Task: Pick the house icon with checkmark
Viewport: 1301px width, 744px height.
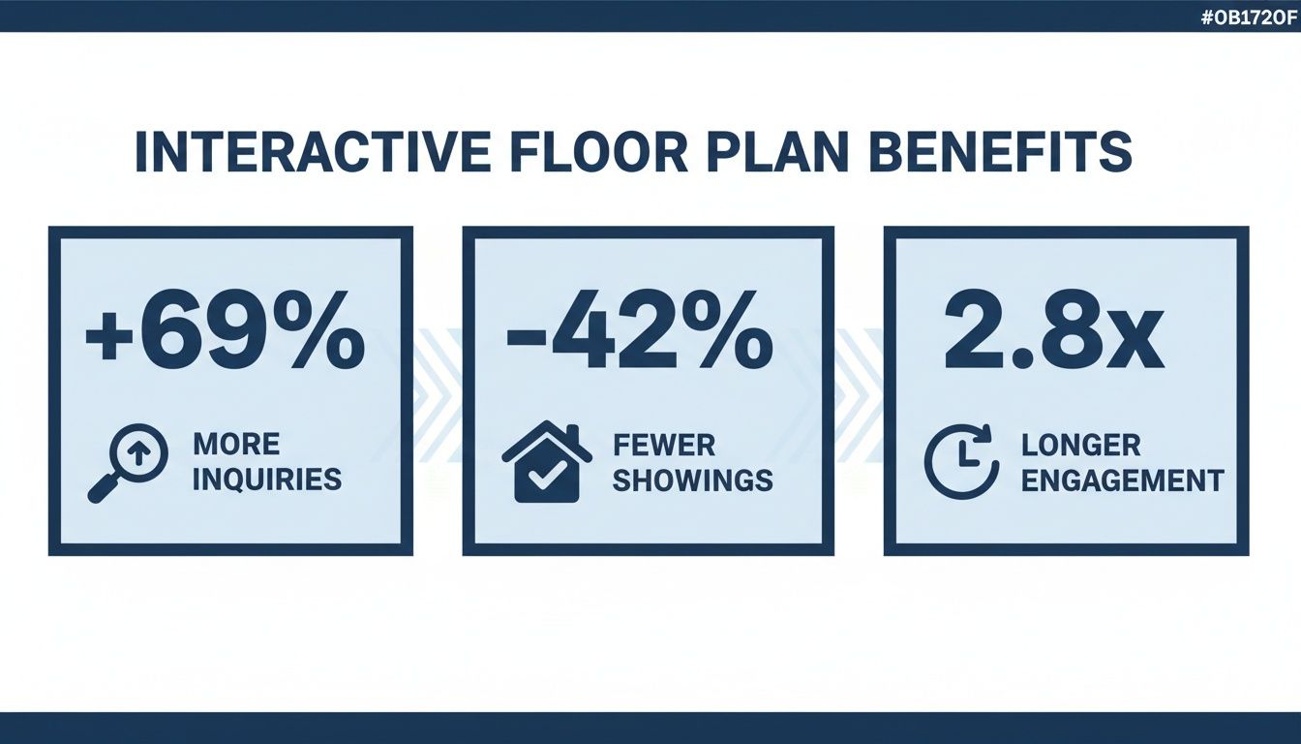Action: point(547,462)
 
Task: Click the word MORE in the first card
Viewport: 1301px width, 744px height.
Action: point(236,445)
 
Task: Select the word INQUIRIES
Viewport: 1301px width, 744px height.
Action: point(266,480)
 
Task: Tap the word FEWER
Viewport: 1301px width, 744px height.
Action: point(664,445)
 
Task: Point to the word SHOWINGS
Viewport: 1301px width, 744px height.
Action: point(692,480)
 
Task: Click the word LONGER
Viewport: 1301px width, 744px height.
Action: point(1080,445)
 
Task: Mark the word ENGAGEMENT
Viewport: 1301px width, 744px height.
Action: point(1122,480)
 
